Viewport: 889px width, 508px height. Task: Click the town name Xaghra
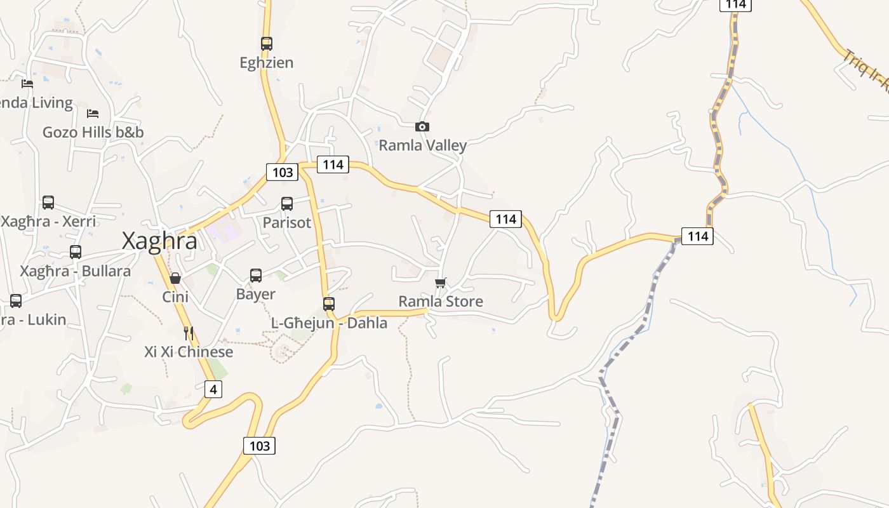pyautogui.click(x=159, y=241)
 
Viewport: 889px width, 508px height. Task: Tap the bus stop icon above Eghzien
pyautogui.click(x=267, y=44)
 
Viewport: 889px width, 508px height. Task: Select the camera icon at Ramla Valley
pyautogui.click(x=422, y=127)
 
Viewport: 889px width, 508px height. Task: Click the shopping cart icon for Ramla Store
pyautogui.click(x=441, y=283)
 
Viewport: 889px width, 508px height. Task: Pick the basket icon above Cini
pyautogui.click(x=175, y=278)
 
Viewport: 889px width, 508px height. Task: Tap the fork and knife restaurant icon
pyautogui.click(x=188, y=333)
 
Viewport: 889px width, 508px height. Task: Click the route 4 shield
pyautogui.click(x=213, y=389)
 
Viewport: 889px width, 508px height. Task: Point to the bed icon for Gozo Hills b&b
pyautogui.click(x=93, y=114)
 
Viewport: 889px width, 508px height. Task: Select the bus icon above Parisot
pyautogui.click(x=287, y=204)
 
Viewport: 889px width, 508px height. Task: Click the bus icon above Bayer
pyautogui.click(x=256, y=276)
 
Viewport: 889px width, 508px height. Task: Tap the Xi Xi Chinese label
pyautogui.click(x=189, y=352)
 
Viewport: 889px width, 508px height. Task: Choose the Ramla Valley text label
pyautogui.click(x=423, y=145)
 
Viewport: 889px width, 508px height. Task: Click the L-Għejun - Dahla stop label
pyautogui.click(x=329, y=323)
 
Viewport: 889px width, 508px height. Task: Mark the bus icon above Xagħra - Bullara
pyautogui.click(x=76, y=252)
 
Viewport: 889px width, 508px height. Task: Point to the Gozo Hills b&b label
pyautogui.click(x=93, y=133)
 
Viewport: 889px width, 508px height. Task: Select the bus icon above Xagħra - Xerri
pyautogui.click(x=48, y=203)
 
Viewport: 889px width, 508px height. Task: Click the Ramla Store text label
pyautogui.click(x=441, y=302)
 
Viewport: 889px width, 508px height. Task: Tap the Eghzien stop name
pyautogui.click(x=267, y=63)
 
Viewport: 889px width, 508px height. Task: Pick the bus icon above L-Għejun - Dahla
pyautogui.click(x=329, y=304)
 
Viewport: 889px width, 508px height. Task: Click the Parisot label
pyautogui.click(x=287, y=223)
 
